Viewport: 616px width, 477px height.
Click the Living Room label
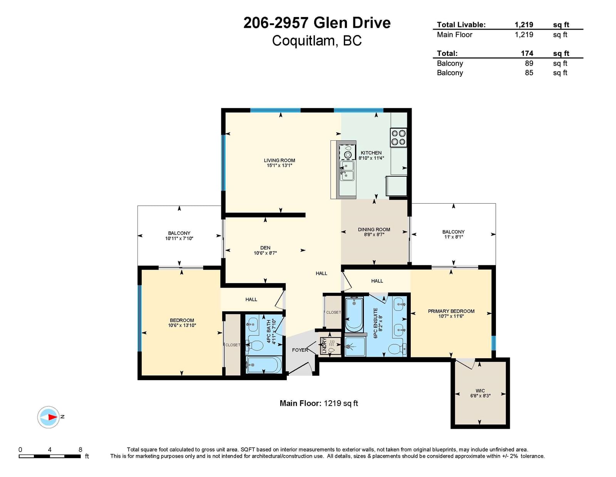279,160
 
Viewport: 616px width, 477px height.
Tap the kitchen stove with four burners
398,137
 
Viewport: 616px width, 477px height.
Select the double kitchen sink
347,171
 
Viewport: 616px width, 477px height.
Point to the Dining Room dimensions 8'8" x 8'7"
374,234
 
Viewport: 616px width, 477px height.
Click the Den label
265,248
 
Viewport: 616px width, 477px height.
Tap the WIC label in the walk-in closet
480,391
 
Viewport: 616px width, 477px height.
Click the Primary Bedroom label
451,311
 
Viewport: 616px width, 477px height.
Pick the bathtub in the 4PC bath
264,365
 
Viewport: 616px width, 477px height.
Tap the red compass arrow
52,417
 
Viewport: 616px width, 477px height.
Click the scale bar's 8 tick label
80,450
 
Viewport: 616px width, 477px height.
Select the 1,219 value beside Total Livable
524,25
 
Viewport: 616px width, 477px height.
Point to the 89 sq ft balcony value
529,63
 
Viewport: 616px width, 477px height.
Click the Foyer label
300,350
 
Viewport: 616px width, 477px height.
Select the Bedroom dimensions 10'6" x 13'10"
182,325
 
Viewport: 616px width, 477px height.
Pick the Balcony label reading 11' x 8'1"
454,234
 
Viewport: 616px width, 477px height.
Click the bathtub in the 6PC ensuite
354,314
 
